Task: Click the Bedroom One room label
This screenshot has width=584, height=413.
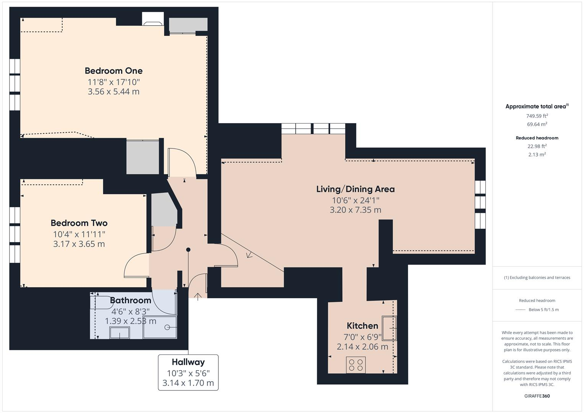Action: (114, 71)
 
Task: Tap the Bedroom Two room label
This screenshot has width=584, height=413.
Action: (79, 223)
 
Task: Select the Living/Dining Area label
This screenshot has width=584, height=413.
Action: (355, 189)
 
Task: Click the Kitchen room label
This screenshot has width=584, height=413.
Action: (362, 326)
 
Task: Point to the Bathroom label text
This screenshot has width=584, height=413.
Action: (130, 301)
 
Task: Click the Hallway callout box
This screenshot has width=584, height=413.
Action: (188, 372)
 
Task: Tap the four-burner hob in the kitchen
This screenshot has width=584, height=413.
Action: (356, 365)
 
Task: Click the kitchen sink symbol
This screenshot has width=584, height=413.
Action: (389, 328)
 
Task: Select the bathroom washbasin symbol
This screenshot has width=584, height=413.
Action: (120, 333)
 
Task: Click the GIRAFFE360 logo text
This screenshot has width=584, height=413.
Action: (537, 396)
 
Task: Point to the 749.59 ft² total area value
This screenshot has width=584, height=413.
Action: (537, 116)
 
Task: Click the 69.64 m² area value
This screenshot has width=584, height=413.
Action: (537, 124)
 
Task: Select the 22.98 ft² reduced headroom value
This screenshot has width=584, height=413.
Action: (537, 146)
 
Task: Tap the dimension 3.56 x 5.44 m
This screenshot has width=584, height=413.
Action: (114, 92)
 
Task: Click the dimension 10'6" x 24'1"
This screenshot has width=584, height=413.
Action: (355, 200)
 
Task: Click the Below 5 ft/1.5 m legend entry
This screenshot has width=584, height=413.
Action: (543, 310)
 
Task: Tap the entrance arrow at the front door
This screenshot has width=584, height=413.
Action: (198, 296)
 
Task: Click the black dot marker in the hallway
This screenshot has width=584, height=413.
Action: (188, 250)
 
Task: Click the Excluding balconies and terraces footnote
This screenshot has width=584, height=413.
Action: (537, 278)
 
